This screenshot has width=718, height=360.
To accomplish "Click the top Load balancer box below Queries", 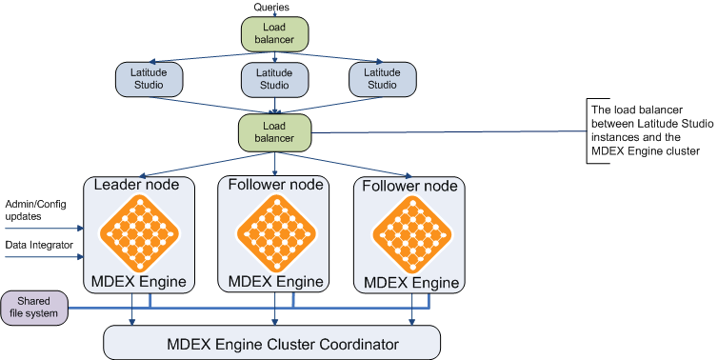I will pyautogui.click(x=274, y=35).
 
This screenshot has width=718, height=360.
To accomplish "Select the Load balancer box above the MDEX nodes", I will pyautogui.click(x=274, y=131).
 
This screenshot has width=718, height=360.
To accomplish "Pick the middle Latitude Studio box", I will pyautogui.click(x=274, y=80).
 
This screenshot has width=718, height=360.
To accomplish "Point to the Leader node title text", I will pyautogui.click(x=140, y=184).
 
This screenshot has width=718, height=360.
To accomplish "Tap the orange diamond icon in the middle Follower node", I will pyautogui.click(x=276, y=232).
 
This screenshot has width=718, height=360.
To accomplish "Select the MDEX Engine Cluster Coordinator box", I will pyautogui.click(x=271, y=342).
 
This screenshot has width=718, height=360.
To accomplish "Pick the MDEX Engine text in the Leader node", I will pyautogui.click(x=140, y=281).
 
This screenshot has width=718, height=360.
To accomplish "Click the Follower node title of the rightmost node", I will pyautogui.click(x=410, y=186).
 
